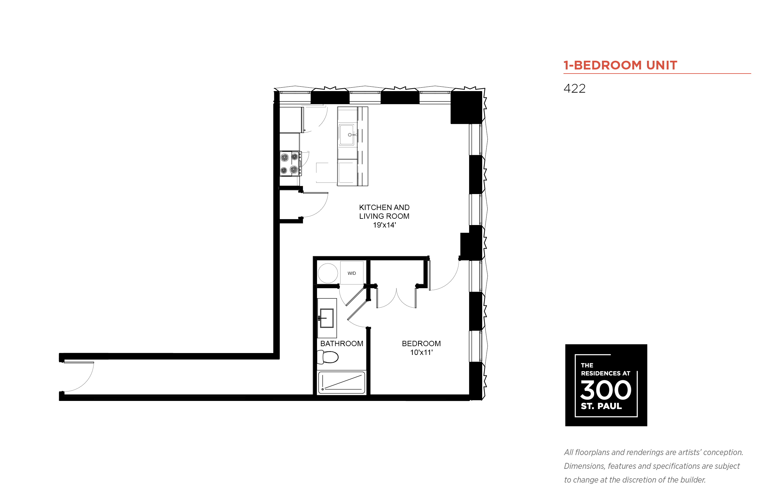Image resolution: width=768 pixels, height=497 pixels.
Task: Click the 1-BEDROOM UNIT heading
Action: click(x=620, y=65)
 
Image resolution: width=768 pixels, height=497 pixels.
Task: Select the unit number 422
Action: click(x=574, y=89)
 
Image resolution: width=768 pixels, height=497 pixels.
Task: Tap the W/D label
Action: click(x=351, y=273)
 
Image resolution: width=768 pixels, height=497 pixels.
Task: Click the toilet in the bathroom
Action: click(x=327, y=357)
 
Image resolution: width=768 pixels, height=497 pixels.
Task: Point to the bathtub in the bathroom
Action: click(x=341, y=383)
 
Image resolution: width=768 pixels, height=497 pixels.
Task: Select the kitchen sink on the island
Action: click(x=346, y=135)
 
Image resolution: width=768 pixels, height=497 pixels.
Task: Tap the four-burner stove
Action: click(x=290, y=163)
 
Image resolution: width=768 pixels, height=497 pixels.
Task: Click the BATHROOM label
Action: click(x=341, y=343)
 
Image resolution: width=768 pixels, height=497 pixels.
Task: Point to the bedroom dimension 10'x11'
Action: click(x=421, y=352)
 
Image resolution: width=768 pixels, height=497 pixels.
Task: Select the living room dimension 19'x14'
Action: click(x=384, y=225)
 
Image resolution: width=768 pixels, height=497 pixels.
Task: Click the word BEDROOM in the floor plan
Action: click(x=421, y=343)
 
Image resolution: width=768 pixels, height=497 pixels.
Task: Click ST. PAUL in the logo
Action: click(x=601, y=406)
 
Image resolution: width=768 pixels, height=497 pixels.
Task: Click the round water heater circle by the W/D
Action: click(x=328, y=273)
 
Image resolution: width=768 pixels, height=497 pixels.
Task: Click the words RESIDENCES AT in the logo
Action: click(x=605, y=373)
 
